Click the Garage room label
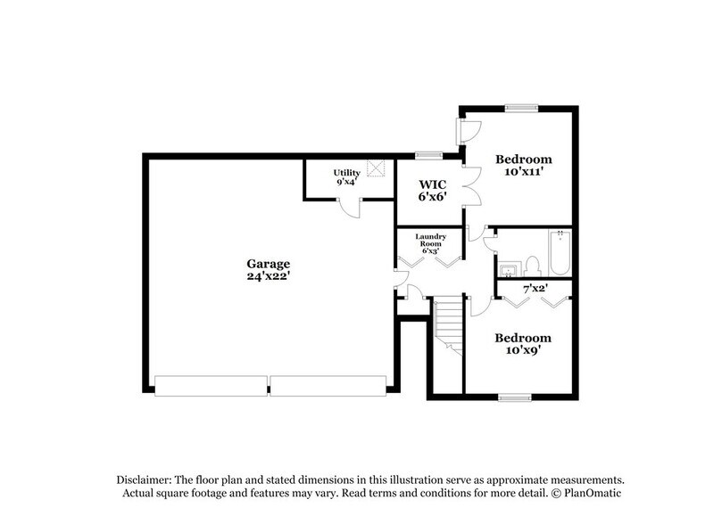269,264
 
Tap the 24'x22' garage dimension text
269,277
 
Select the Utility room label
346,172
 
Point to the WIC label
433,184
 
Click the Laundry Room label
430,240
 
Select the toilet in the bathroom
531,266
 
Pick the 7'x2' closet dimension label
534,288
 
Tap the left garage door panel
211,385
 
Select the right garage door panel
328,385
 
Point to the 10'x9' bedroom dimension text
523,352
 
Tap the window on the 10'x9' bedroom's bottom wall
515,397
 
